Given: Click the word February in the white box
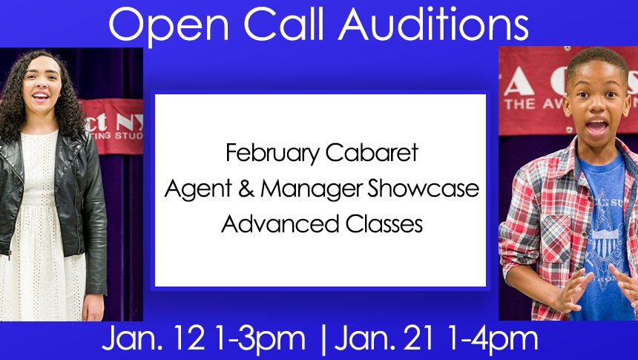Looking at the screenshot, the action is (x=272, y=154).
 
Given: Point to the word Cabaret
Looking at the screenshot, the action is (x=372, y=153).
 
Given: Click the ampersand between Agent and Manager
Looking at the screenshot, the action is (x=246, y=189).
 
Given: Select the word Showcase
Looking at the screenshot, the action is (x=424, y=189).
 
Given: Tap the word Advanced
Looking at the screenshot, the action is (x=280, y=224).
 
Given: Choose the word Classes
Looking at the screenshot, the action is (x=384, y=224).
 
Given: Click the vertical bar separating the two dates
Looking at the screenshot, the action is (x=323, y=341).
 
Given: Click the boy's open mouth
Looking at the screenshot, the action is (x=597, y=126).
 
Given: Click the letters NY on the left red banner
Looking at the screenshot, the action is (x=129, y=121).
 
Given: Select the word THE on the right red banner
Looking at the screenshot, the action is (x=520, y=104).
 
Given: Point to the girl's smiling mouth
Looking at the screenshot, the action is (x=41, y=97).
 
